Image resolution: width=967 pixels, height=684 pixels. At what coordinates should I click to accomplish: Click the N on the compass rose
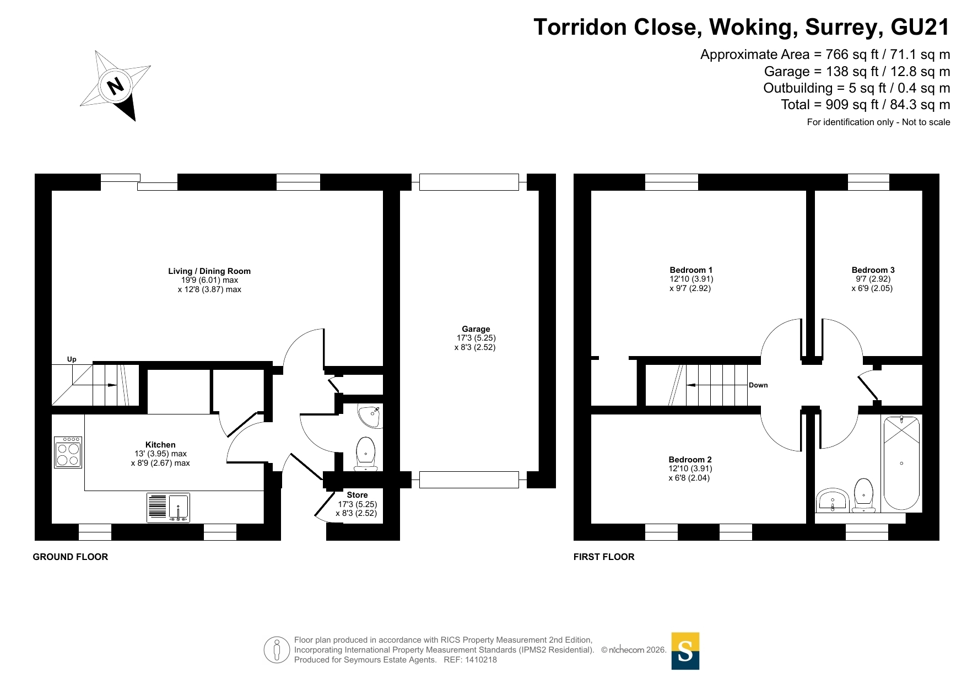pyautogui.click(x=116, y=86)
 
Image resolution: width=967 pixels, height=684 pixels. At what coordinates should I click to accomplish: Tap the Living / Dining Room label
pyautogui.click(x=209, y=271)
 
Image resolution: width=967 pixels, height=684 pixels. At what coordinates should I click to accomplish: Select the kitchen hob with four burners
pyautogui.click(x=68, y=453)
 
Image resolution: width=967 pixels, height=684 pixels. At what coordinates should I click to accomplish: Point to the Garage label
pyautogui.click(x=476, y=329)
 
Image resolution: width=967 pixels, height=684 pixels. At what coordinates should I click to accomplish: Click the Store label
pyautogui.click(x=357, y=495)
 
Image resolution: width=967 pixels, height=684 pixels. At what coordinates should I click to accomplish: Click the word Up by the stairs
pyautogui.click(x=72, y=359)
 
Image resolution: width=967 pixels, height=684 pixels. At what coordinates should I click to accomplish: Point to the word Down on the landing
pyautogui.click(x=758, y=385)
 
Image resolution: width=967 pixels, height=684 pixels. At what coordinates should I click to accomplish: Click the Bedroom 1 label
pyautogui.click(x=691, y=270)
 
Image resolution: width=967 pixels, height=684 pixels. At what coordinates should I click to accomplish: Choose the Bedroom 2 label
pyautogui.click(x=690, y=460)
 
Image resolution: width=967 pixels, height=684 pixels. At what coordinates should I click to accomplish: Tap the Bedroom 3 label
pyautogui.click(x=873, y=270)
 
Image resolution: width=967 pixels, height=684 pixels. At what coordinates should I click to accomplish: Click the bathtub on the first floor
pyautogui.click(x=901, y=463)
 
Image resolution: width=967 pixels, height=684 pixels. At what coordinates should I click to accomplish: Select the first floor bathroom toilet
pyautogui.click(x=863, y=495)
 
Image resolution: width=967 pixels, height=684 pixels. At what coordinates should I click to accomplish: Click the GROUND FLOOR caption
pyautogui.click(x=71, y=557)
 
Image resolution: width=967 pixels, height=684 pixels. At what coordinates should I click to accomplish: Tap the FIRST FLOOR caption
pyautogui.click(x=604, y=557)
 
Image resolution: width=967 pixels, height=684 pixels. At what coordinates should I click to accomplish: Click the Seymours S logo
pyautogui.click(x=685, y=651)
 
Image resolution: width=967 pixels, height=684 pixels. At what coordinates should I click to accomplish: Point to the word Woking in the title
pyautogui.click(x=753, y=28)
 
